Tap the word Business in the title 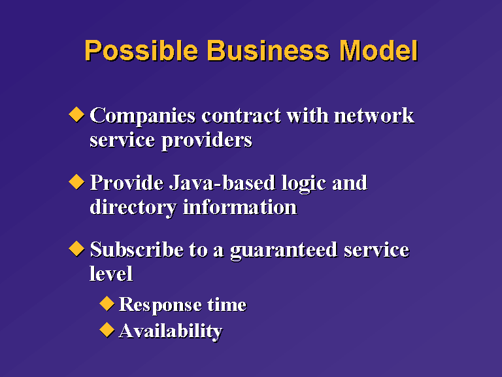click(x=268, y=50)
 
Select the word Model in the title click(x=378, y=50)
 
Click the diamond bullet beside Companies click(x=76, y=115)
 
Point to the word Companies click(x=142, y=116)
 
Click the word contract click(x=241, y=116)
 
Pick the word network click(x=374, y=115)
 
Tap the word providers click(x=207, y=141)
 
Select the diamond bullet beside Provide click(x=76, y=182)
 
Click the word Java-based click(x=222, y=183)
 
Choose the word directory click(x=133, y=207)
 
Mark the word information click(x=240, y=207)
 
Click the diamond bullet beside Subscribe click(x=76, y=249)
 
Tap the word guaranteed click(x=284, y=251)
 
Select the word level click(x=110, y=274)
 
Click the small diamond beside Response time click(x=107, y=304)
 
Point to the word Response click(x=159, y=304)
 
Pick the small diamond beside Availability click(x=107, y=330)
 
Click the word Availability click(x=171, y=331)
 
